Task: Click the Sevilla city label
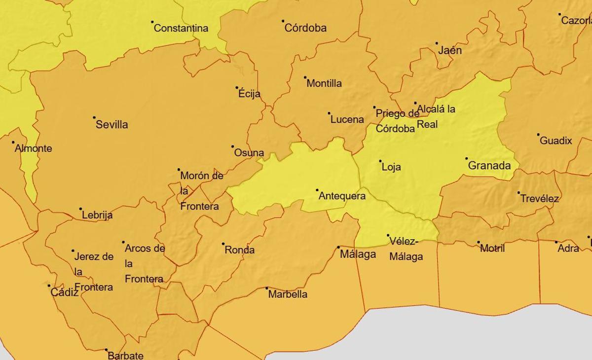(111, 124)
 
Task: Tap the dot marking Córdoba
(283, 21)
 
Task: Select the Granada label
(489, 166)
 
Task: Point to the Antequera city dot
(317, 190)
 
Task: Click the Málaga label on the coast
(358, 254)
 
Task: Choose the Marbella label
(288, 294)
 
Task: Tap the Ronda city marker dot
(223, 244)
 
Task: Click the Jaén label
(450, 50)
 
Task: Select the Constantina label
(181, 28)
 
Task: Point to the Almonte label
(34, 148)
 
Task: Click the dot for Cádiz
(49, 286)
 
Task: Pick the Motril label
(492, 249)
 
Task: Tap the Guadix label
(556, 141)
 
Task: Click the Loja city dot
(380, 161)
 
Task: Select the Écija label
(249, 94)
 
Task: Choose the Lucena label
(347, 119)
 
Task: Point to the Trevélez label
(539, 199)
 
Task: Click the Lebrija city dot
(81, 209)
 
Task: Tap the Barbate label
(125, 355)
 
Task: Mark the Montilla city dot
(305, 77)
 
